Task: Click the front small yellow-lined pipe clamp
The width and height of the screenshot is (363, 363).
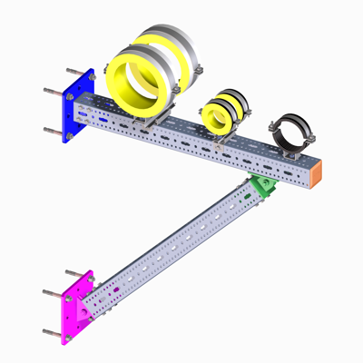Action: (217, 115)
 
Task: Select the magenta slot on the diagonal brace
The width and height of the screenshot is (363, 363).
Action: (115, 291)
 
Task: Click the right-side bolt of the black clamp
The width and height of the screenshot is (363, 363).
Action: (309, 140)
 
